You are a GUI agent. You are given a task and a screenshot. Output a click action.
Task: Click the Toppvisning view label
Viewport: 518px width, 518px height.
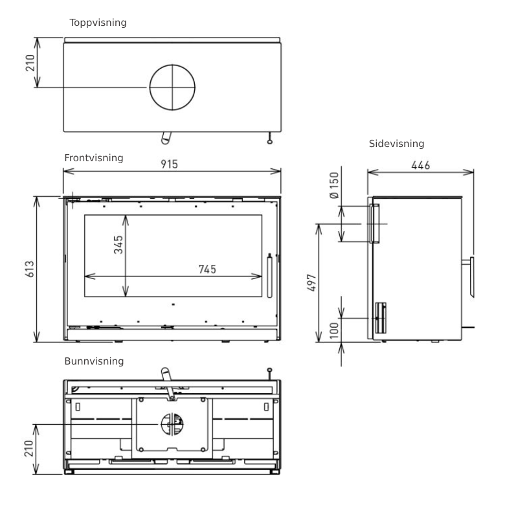[98, 23]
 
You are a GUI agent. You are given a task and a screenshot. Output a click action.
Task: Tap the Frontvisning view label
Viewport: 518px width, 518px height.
[94, 158]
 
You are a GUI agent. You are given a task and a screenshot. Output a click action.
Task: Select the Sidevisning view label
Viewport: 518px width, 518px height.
[396, 144]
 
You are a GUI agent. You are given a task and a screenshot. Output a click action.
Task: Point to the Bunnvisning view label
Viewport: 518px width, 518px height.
[94, 361]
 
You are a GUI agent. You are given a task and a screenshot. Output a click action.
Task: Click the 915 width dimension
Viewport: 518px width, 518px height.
[169, 164]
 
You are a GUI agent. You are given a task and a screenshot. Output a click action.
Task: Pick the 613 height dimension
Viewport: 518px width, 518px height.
[30, 269]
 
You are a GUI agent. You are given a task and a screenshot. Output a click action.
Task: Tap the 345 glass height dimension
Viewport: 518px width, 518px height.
[118, 245]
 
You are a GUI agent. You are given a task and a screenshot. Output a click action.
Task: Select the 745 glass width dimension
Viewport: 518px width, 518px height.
[207, 269]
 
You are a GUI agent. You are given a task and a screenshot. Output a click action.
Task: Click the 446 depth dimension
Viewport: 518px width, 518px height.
[420, 165]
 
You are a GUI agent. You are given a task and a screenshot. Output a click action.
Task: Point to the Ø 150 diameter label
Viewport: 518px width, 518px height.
[334, 185]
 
